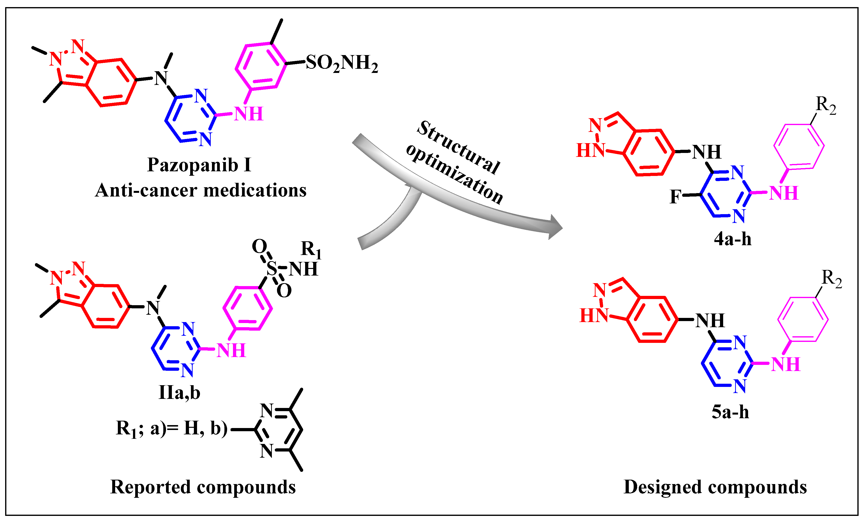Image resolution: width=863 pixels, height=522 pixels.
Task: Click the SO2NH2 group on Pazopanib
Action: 342,63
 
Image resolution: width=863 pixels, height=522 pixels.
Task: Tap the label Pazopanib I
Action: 199,165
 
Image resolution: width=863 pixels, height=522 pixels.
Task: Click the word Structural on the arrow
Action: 458,147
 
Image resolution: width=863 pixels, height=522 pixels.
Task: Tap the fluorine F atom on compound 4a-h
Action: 675,197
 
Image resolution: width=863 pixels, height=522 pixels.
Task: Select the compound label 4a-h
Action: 733,239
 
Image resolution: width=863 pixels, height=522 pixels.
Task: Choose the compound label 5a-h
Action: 730,412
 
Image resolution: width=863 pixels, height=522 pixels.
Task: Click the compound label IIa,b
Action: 179,392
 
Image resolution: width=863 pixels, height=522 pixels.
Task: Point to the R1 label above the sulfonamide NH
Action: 311,249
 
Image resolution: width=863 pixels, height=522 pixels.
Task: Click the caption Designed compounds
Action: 715,487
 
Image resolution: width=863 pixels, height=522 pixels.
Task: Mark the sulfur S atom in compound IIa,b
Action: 271,268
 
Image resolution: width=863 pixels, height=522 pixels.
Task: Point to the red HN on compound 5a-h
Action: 594,315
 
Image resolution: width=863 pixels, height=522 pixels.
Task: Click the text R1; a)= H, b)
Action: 172,429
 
